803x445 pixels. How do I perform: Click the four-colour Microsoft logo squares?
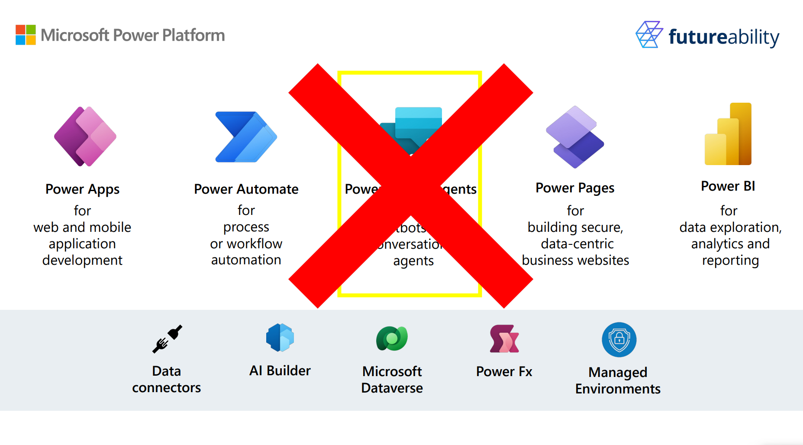[26, 35]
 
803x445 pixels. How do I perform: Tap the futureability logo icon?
[649, 34]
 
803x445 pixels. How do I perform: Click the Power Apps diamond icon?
[85, 136]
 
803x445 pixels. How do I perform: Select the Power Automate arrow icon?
[246, 137]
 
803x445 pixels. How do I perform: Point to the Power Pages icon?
[575, 137]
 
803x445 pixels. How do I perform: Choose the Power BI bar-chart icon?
[728, 134]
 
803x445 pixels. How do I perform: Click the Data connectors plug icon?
[167, 339]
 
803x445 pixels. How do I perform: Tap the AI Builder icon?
[280, 338]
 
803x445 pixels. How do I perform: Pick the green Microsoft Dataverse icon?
[392, 338]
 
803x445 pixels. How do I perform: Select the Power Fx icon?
[504, 339]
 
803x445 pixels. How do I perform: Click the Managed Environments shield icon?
[619, 340]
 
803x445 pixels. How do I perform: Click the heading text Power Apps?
[82, 189]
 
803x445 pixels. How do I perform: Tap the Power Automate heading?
[246, 189]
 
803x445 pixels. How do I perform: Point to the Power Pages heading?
[575, 188]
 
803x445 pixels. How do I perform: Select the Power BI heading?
[728, 186]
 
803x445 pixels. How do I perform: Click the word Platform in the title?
[193, 35]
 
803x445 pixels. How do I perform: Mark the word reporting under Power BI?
[730, 260]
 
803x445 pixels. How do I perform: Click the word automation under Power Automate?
[246, 260]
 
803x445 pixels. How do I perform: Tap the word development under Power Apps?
[82, 260]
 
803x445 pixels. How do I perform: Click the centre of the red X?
[410, 186]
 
